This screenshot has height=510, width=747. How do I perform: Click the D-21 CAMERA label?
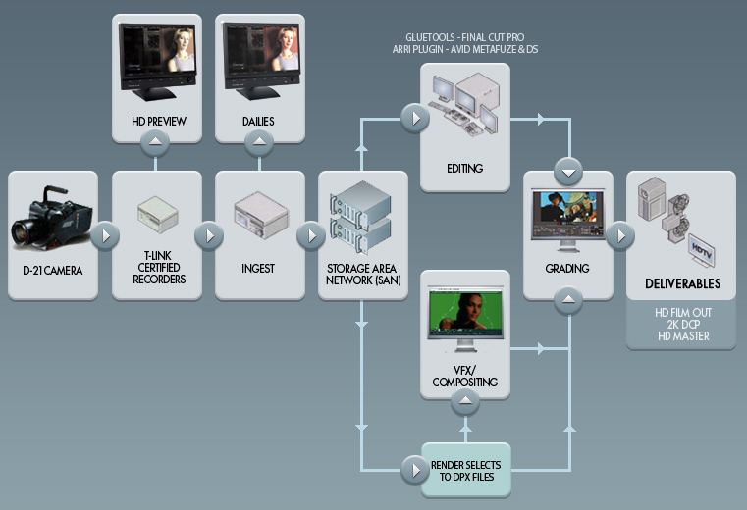point(52,267)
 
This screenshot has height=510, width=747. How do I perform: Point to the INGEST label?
point(258,267)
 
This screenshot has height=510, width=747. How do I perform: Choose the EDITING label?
point(464,168)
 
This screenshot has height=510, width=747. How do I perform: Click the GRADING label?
point(567,267)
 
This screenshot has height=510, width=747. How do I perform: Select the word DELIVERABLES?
point(682,284)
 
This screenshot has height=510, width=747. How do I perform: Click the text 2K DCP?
point(681,325)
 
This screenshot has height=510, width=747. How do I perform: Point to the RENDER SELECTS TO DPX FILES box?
point(465,470)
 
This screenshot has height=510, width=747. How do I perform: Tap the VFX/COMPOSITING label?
point(464,375)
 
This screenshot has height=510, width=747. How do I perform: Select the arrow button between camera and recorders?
point(104,236)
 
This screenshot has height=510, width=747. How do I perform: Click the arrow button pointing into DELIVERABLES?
point(620,236)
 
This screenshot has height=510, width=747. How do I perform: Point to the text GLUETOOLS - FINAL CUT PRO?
point(464,35)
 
